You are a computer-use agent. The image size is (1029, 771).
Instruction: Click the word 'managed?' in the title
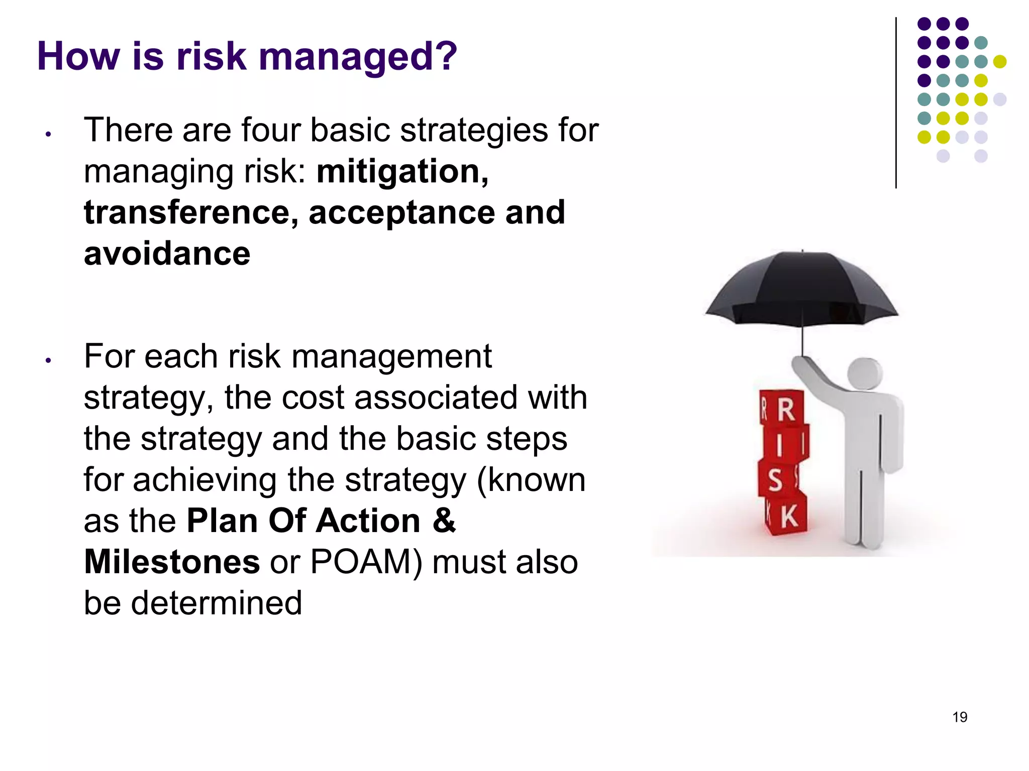357,57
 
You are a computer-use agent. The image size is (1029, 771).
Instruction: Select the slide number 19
960,717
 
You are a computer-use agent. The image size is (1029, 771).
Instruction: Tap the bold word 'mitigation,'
402,172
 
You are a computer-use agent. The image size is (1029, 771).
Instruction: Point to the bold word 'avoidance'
167,254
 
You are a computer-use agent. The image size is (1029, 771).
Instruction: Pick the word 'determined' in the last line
217,603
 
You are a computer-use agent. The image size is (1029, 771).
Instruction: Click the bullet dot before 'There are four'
48,135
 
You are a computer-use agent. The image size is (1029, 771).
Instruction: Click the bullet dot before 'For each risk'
48,360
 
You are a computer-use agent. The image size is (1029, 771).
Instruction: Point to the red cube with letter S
776,479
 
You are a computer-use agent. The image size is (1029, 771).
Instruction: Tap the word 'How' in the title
78,57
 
